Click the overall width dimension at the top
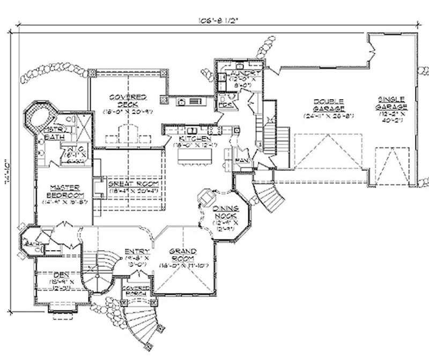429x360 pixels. [217, 21]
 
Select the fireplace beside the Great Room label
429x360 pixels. [97, 187]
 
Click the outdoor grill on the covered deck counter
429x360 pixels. [194, 101]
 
